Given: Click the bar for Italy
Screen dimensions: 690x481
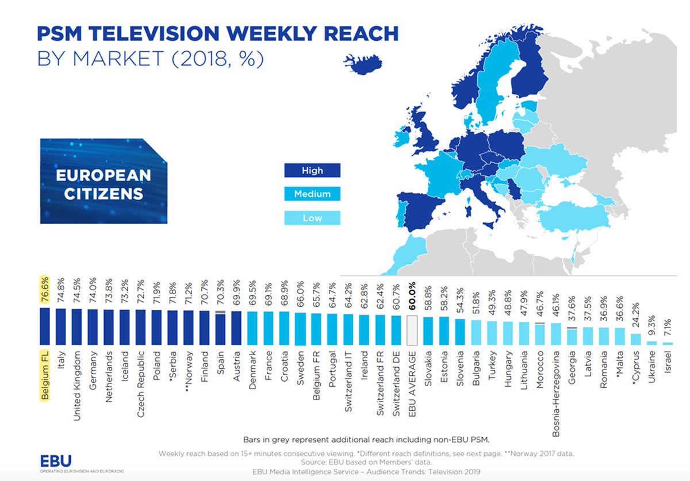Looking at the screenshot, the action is (61, 327).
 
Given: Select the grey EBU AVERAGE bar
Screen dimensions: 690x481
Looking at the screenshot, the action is (412, 330).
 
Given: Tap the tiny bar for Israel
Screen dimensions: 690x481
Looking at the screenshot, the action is (668, 343).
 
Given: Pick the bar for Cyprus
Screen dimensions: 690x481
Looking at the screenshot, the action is (636, 339).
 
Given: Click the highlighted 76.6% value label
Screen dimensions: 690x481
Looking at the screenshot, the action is (45, 290).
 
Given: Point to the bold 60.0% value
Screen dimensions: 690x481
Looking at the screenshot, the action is (412, 295).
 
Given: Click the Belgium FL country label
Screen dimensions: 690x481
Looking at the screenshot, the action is (45, 375).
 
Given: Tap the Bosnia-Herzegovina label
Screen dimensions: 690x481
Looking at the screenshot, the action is (555, 394).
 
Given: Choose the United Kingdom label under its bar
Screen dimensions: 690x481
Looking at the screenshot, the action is (76, 386).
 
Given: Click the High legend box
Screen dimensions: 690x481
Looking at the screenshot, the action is (312, 170).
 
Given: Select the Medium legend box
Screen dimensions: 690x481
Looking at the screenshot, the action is (312, 194).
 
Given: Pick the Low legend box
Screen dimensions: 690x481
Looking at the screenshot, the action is (312, 218).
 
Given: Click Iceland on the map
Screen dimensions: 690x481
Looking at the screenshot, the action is (363, 64).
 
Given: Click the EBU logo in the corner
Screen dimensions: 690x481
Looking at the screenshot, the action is (56, 461).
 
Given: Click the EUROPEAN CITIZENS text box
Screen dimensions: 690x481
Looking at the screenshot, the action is (104, 181).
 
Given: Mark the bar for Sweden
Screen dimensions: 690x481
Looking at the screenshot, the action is (300, 329).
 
